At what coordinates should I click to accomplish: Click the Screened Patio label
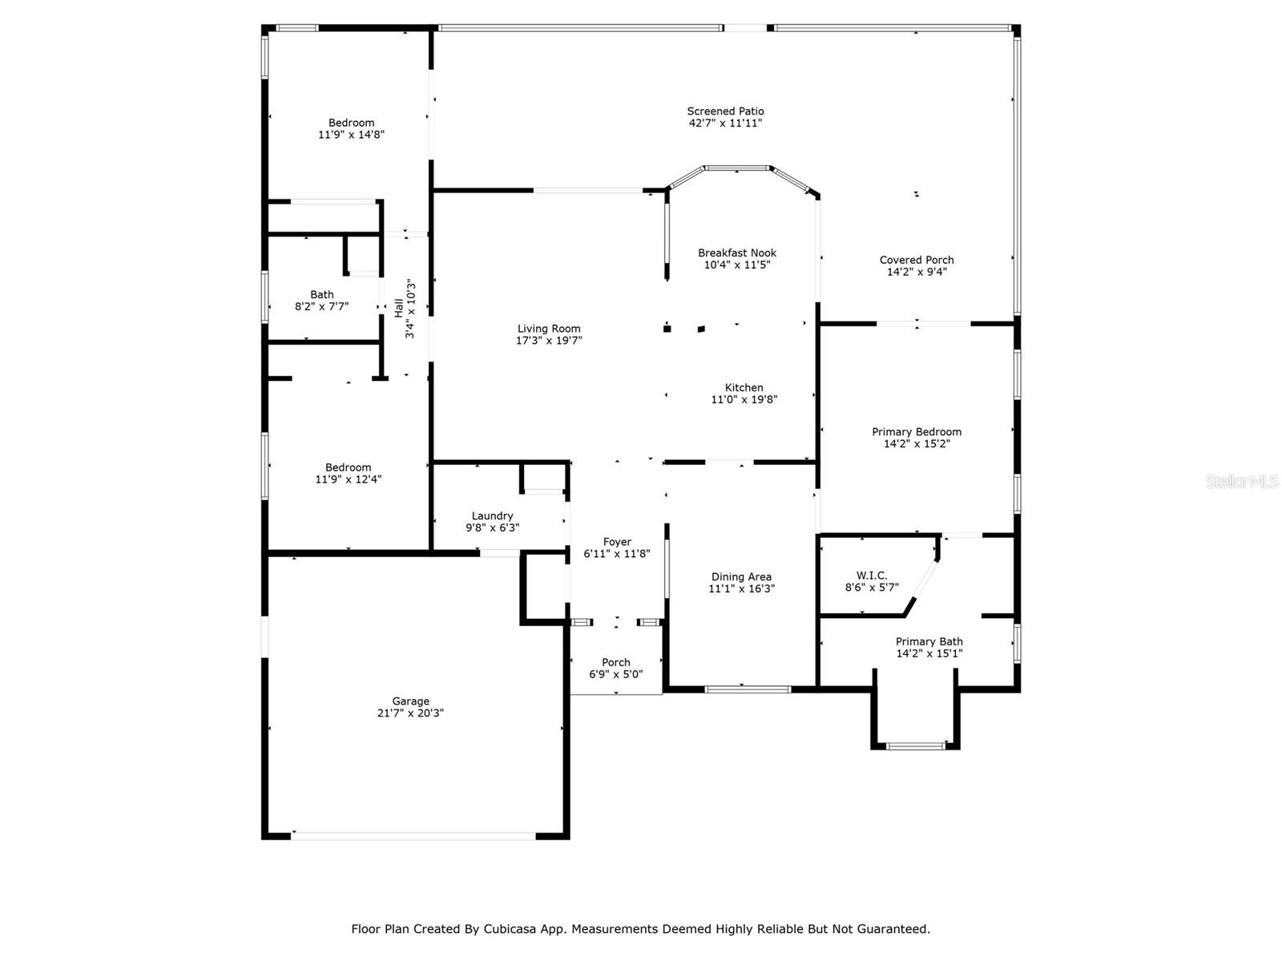(725, 111)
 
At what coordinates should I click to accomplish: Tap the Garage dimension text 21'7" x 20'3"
(410, 713)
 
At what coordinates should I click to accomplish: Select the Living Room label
(549, 329)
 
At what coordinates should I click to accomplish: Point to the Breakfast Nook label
(737, 253)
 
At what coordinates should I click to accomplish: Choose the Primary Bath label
(929, 641)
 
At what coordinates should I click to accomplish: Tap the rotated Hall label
(398, 308)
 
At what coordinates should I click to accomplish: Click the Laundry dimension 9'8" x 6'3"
(492, 527)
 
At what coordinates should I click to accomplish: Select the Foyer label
(617, 542)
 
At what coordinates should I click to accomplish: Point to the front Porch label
(615, 662)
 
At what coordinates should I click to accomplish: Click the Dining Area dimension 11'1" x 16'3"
(741, 588)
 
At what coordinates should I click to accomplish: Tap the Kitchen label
(744, 388)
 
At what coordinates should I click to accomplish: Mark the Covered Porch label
(917, 260)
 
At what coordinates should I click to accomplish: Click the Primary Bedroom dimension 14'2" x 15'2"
(917, 443)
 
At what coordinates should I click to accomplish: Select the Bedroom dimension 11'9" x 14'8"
(351, 135)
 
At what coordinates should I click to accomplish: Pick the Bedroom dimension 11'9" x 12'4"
(348, 479)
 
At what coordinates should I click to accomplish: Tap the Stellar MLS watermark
(1241, 482)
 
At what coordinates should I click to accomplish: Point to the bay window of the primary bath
(915, 746)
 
